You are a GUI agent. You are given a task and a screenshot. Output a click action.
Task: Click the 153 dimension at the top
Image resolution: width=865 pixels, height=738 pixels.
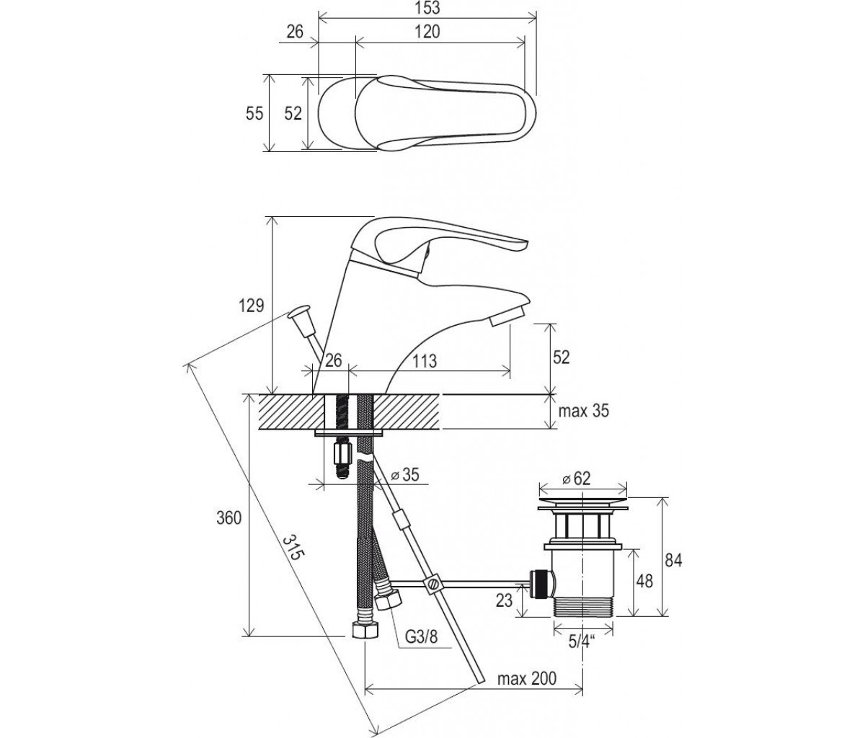pos(427,9)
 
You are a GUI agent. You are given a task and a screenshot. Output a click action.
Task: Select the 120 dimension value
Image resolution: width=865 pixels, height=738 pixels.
pos(427,32)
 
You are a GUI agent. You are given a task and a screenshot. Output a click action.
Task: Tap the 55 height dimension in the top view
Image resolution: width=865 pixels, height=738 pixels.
pos(254,113)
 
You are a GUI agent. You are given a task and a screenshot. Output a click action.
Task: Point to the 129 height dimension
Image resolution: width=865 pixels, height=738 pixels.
pos(251,306)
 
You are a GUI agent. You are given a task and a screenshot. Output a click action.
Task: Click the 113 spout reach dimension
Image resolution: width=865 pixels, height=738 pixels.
pos(425,360)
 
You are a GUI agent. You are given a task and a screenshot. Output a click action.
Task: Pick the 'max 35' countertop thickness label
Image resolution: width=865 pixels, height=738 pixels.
pos(583,412)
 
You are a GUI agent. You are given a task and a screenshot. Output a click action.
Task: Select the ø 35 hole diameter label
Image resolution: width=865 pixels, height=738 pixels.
pos(404,474)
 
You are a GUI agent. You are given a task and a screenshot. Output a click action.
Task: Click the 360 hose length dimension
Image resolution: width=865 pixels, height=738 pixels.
pos(229,518)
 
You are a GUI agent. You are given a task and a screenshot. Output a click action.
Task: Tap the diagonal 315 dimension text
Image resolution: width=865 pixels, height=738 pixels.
pos(293,548)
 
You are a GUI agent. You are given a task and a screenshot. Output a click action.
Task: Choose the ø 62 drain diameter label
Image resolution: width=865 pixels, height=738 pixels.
pos(577,479)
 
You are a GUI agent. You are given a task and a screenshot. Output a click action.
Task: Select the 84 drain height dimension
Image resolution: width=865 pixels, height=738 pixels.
pos(673,561)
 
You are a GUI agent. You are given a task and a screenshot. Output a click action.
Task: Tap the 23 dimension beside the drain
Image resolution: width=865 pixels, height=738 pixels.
pos(504,601)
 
